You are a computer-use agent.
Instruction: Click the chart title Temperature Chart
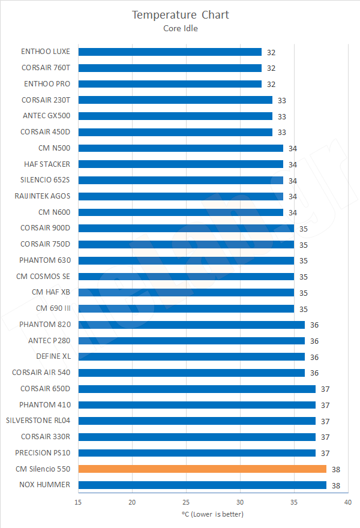180,14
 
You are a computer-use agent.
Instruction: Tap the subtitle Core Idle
180,27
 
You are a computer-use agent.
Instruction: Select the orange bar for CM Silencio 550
202,469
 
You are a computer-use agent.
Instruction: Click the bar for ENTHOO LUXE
170,52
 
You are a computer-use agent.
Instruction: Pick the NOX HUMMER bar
202,485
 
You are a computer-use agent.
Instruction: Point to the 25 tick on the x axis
186,502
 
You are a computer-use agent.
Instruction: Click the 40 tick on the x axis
347,502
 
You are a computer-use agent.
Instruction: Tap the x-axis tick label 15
79,502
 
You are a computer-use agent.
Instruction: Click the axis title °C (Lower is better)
212,514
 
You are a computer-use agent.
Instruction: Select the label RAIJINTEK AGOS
42,196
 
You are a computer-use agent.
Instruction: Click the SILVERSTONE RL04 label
38,421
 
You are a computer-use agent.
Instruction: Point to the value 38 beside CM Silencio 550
336,469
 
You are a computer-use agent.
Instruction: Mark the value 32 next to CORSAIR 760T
271,68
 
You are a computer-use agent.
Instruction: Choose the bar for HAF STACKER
181,164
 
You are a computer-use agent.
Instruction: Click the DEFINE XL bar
191,356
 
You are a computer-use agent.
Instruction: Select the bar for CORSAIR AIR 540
191,373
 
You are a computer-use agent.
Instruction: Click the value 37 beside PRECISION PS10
325,453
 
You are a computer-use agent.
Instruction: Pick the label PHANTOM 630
44,260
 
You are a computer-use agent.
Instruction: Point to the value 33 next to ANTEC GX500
282,116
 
